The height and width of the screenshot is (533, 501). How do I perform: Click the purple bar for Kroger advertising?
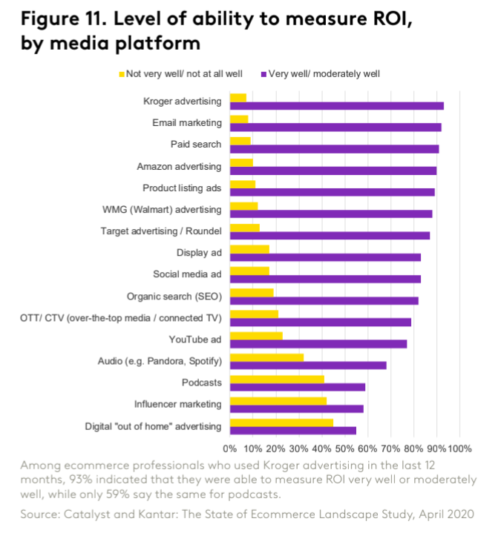point(337,106)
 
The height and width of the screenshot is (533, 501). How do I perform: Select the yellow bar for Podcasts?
point(277,379)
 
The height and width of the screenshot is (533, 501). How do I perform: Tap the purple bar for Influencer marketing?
point(297,408)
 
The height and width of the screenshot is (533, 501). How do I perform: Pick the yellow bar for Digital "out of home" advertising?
point(281,423)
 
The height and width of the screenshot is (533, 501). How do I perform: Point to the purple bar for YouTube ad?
point(318,344)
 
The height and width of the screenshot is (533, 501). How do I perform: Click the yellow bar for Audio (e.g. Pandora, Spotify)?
point(266,357)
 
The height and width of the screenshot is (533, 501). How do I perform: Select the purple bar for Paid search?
point(334,149)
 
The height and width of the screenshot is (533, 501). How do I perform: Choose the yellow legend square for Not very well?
point(122,73)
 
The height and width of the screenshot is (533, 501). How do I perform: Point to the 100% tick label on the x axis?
point(459,448)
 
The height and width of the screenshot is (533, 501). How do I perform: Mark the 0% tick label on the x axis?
point(230,448)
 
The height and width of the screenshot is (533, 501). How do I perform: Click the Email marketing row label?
point(186,122)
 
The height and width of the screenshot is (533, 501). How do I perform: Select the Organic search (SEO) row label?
point(174,297)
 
